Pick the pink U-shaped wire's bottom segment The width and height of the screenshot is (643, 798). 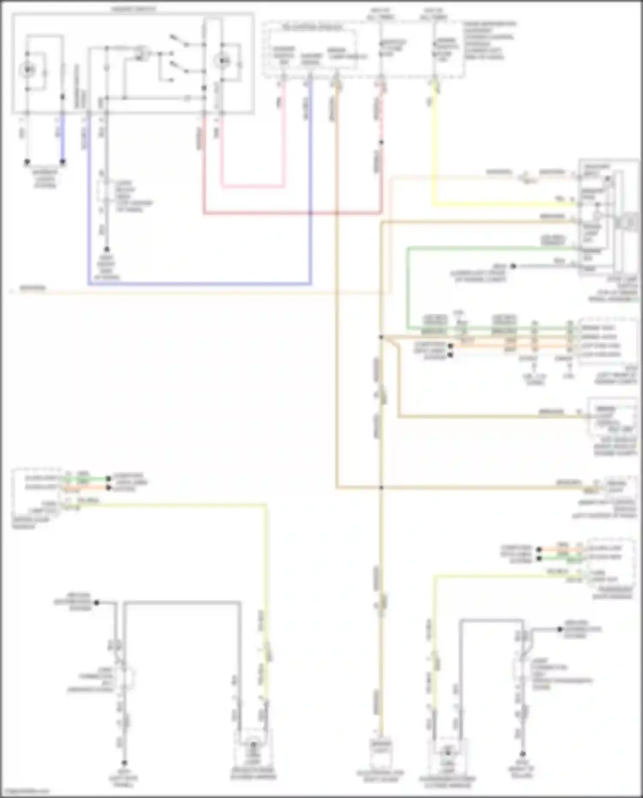tap(252, 187)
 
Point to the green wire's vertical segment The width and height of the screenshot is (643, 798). tap(408, 287)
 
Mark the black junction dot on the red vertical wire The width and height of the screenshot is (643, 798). tap(381, 142)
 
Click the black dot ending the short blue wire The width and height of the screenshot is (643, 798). tap(63, 162)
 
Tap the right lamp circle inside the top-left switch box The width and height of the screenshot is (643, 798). tap(222, 61)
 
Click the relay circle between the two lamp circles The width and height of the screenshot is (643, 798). tap(140, 54)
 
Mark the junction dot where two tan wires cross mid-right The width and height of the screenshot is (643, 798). tap(381, 488)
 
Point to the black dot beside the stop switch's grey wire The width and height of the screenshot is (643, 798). tap(513, 266)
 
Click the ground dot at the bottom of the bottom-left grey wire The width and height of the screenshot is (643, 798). tap(124, 763)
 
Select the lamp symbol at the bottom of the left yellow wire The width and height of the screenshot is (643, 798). tap(253, 747)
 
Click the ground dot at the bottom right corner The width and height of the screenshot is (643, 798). tap(522, 754)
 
